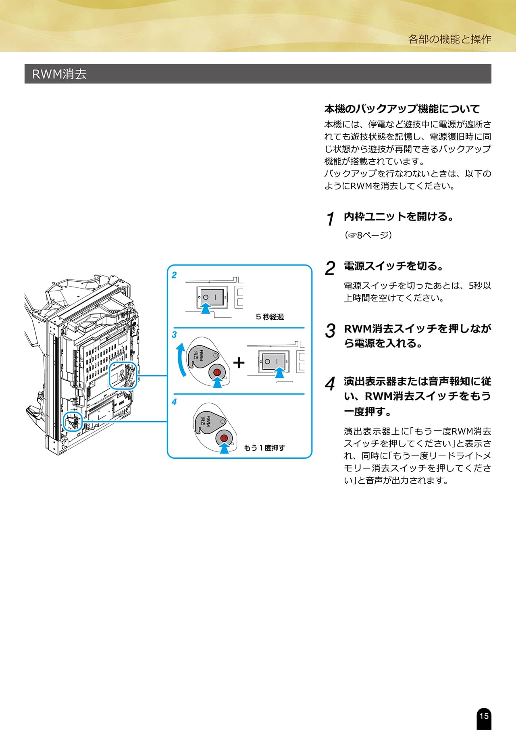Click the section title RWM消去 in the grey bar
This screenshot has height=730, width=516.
point(59,74)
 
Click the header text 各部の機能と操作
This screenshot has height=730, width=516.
point(449,39)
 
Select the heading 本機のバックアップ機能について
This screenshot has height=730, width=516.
point(402,109)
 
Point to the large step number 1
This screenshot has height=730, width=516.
point(330,219)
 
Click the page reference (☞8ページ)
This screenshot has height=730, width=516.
point(368,235)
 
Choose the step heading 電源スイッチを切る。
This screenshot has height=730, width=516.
point(393,266)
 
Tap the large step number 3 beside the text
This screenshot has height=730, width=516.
point(330,331)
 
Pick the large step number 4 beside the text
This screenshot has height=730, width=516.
point(330,384)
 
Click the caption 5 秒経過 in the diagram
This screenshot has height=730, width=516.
point(270,317)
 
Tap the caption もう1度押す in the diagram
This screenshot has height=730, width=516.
point(264,448)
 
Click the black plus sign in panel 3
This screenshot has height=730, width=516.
point(239,363)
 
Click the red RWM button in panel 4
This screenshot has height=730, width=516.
point(224,438)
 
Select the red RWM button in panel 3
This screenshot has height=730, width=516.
point(217,372)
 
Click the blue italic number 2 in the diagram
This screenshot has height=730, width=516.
point(174,275)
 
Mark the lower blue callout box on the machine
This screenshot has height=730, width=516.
point(73,421)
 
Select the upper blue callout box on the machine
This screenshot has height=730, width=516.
point(123,375)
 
